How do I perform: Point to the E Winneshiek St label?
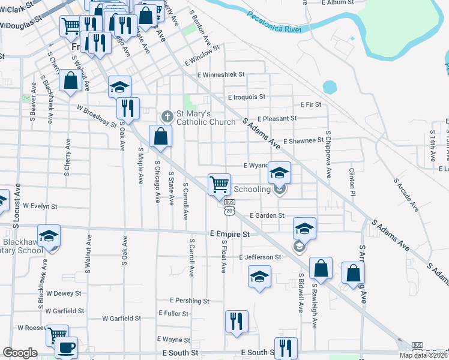(221, 75)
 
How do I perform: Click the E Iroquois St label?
(246, 96)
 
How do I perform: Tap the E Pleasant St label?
(277, 119)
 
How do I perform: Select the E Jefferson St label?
(259, 257)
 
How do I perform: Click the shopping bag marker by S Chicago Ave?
(160, 136)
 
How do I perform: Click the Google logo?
(20, 353)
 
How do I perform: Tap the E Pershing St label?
(189, 300)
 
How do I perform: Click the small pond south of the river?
(330, 87)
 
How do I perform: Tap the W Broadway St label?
(96, 116)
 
